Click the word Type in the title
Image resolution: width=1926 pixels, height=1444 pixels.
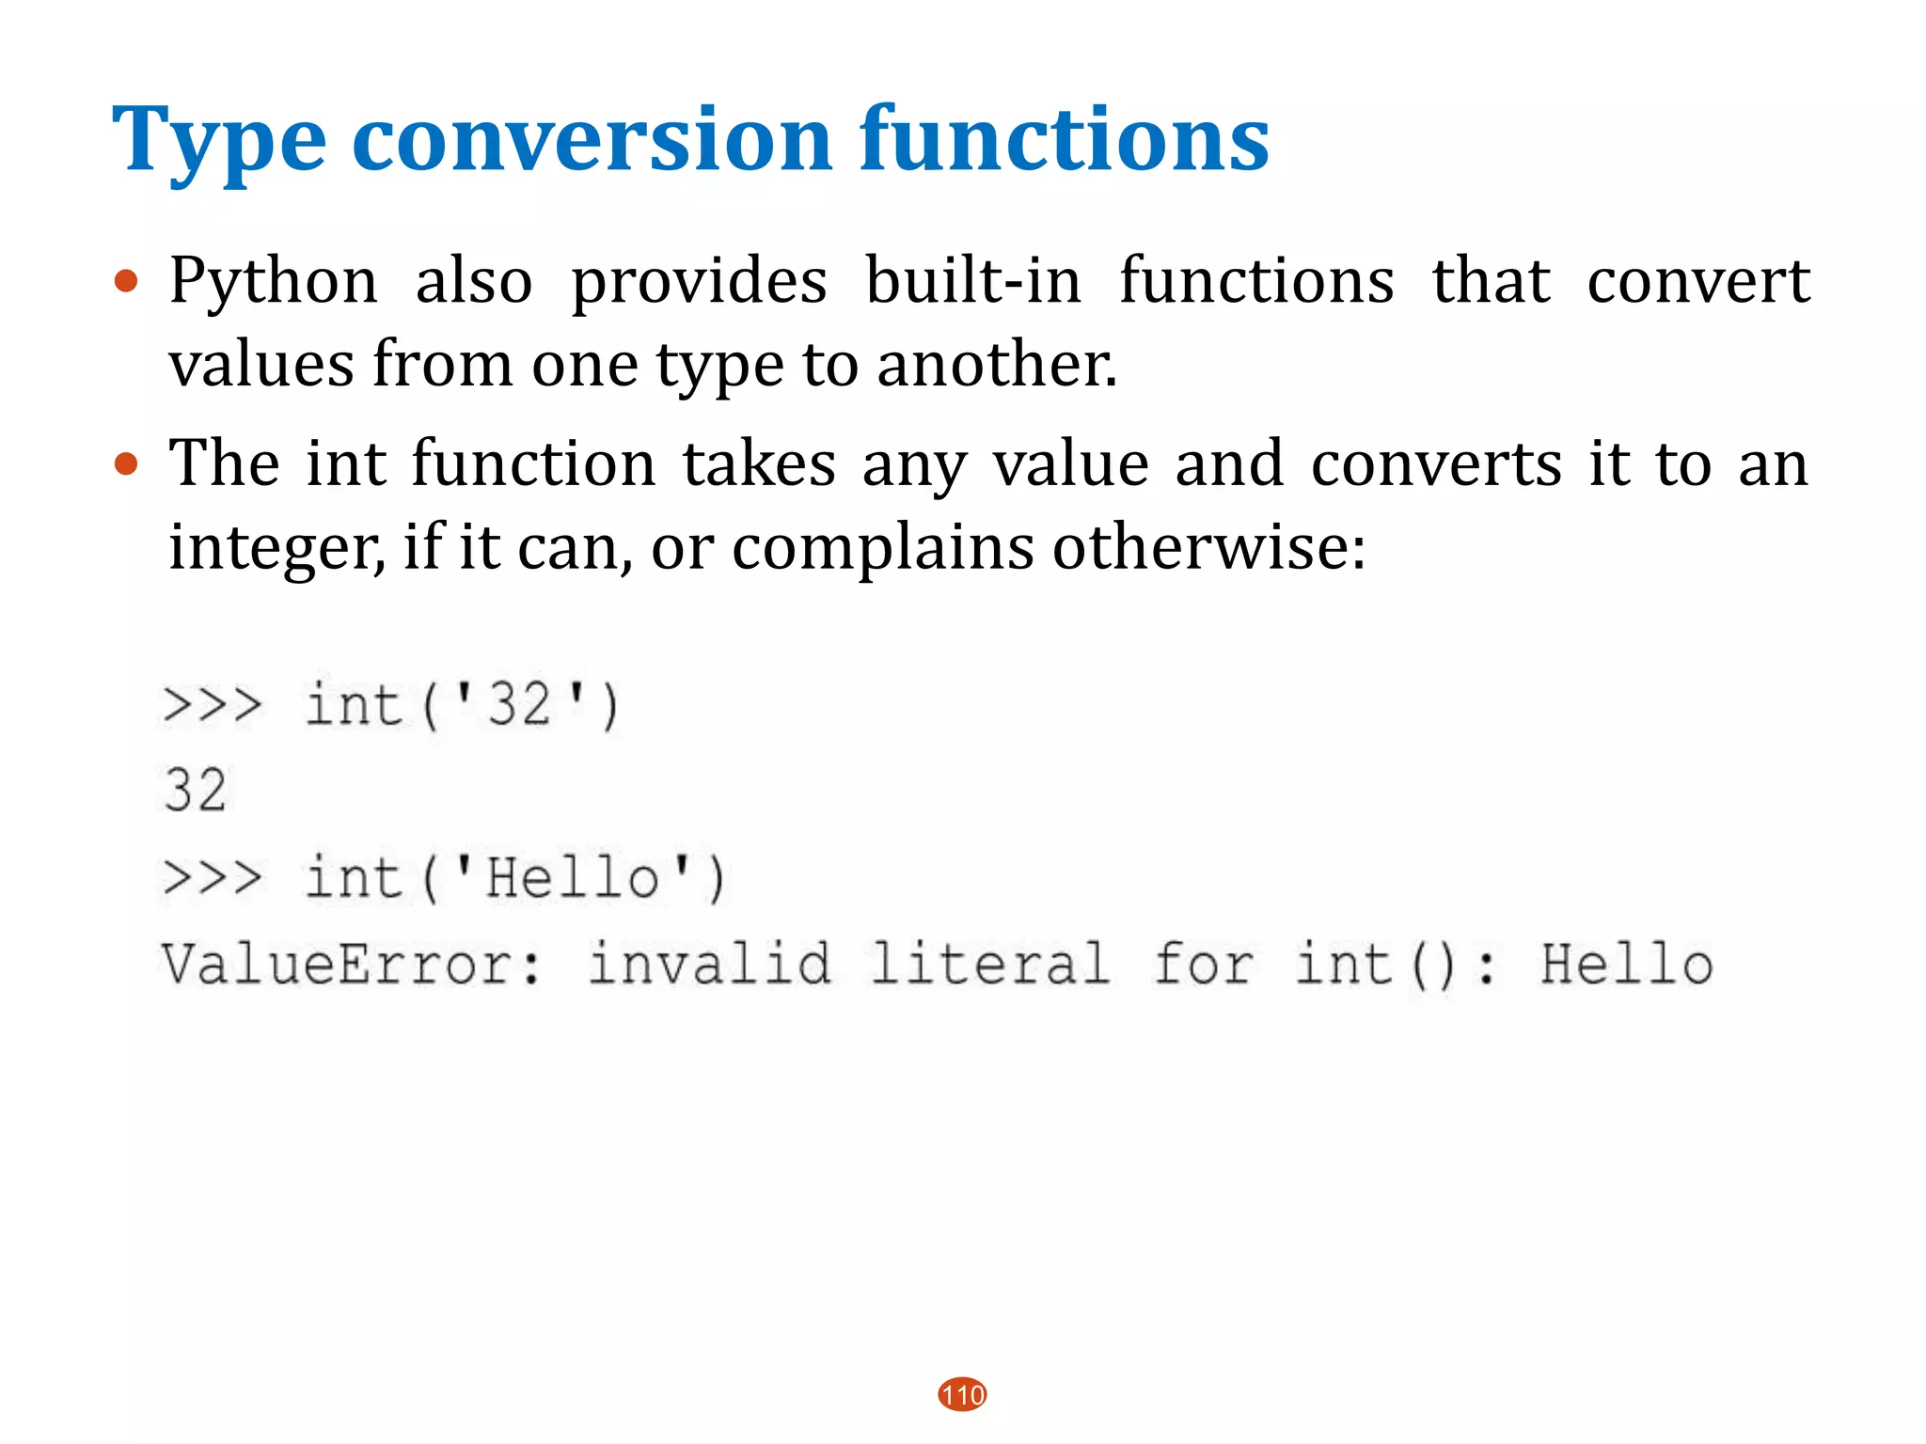point(218,141)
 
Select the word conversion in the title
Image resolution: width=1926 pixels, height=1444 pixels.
point(592,141)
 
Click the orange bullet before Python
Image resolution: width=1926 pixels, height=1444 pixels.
point(126,281)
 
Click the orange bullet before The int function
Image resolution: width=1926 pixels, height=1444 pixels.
point(126,464)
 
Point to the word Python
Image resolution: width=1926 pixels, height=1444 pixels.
point(273,281)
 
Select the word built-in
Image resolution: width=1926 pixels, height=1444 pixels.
point(972,281)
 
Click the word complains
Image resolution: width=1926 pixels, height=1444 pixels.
point(882,548)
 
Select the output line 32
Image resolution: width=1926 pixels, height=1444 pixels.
point(196,790)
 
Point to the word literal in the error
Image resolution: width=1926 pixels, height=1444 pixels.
point(989,965)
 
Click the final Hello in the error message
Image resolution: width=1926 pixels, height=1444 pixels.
point(1626,965)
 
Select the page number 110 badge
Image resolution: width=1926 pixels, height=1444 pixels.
point(962,1394)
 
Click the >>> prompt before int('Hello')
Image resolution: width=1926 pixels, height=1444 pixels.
point(213,879)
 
